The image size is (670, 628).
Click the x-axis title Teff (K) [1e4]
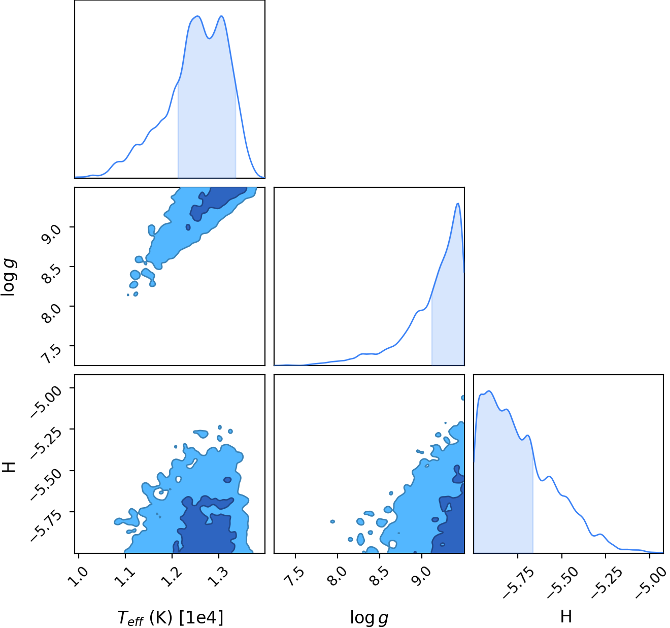point(171,617)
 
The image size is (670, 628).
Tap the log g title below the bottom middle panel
point(369,618)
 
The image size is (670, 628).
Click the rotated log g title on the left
point(8,277)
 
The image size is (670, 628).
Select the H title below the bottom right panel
point(566,616)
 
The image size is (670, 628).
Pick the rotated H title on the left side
point(9,467)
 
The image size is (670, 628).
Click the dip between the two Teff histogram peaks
point(209,38)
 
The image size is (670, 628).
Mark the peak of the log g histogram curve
point(457,203)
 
